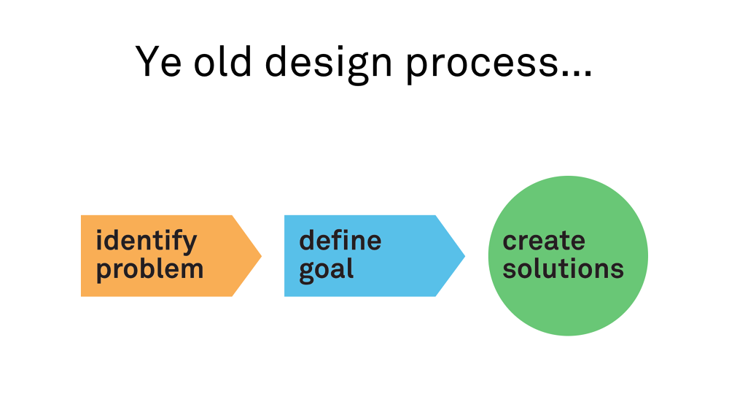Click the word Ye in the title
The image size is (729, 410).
(158, 61)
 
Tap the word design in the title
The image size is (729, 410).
(329, 63)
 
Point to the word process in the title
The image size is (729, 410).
(482, 65)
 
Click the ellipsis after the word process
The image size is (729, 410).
(577, 74)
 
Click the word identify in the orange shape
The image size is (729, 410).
(147, 241)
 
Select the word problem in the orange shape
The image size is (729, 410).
(149, 270)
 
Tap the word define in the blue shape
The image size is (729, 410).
(340, 240)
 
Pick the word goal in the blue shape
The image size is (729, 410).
(327, 270)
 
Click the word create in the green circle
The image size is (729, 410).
(544, 241)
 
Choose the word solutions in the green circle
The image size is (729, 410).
(563, 269)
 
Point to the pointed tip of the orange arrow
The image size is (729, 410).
(261, 255)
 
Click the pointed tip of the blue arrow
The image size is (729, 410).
(465, 255)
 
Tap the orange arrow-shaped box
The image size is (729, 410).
(171, 255)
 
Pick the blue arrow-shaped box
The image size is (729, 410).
(375, 255)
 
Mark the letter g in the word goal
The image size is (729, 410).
(308, 271)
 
